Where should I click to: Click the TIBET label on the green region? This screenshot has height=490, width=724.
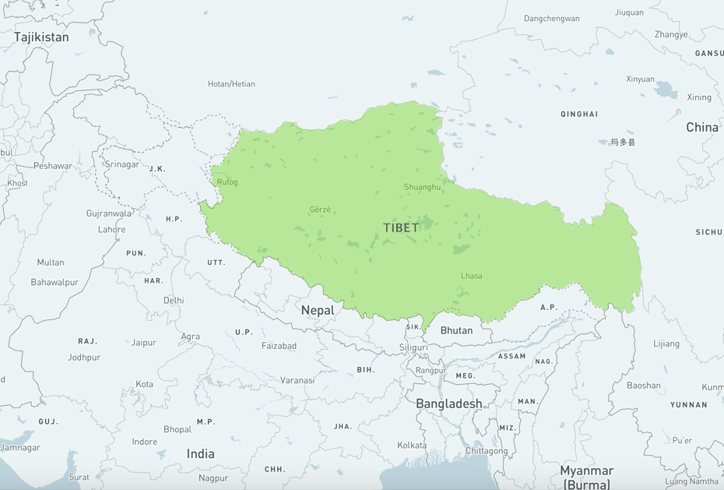pos(401,227)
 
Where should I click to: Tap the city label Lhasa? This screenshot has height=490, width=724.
pos(471,276)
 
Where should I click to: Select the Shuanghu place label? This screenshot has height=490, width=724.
pos(422,187)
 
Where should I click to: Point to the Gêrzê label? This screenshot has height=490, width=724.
pos(320,209)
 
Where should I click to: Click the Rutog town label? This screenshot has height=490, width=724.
pos(227,182)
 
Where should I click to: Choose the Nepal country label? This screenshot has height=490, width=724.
pos(318,310)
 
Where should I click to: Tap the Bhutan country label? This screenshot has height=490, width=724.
pos(456,330)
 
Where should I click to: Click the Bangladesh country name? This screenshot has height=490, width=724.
pos(448,404)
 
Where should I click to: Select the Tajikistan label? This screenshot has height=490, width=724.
pos(41,37)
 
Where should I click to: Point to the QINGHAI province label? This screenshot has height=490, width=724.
pos(579,114)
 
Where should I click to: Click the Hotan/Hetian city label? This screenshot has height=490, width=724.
pos(231,84)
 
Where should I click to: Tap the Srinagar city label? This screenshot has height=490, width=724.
pos(122,164)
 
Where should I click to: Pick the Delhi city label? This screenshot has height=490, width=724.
pos(174,300)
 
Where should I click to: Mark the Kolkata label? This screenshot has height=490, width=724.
pos(412,445)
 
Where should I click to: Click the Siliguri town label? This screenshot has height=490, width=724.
pos(413,347)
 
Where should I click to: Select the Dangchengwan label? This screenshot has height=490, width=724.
pos(551,19)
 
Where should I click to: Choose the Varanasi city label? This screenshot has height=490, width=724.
pos(297,380)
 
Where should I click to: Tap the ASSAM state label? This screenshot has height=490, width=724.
pos(512,356)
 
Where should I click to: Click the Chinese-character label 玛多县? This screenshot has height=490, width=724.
pos(622,143)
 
